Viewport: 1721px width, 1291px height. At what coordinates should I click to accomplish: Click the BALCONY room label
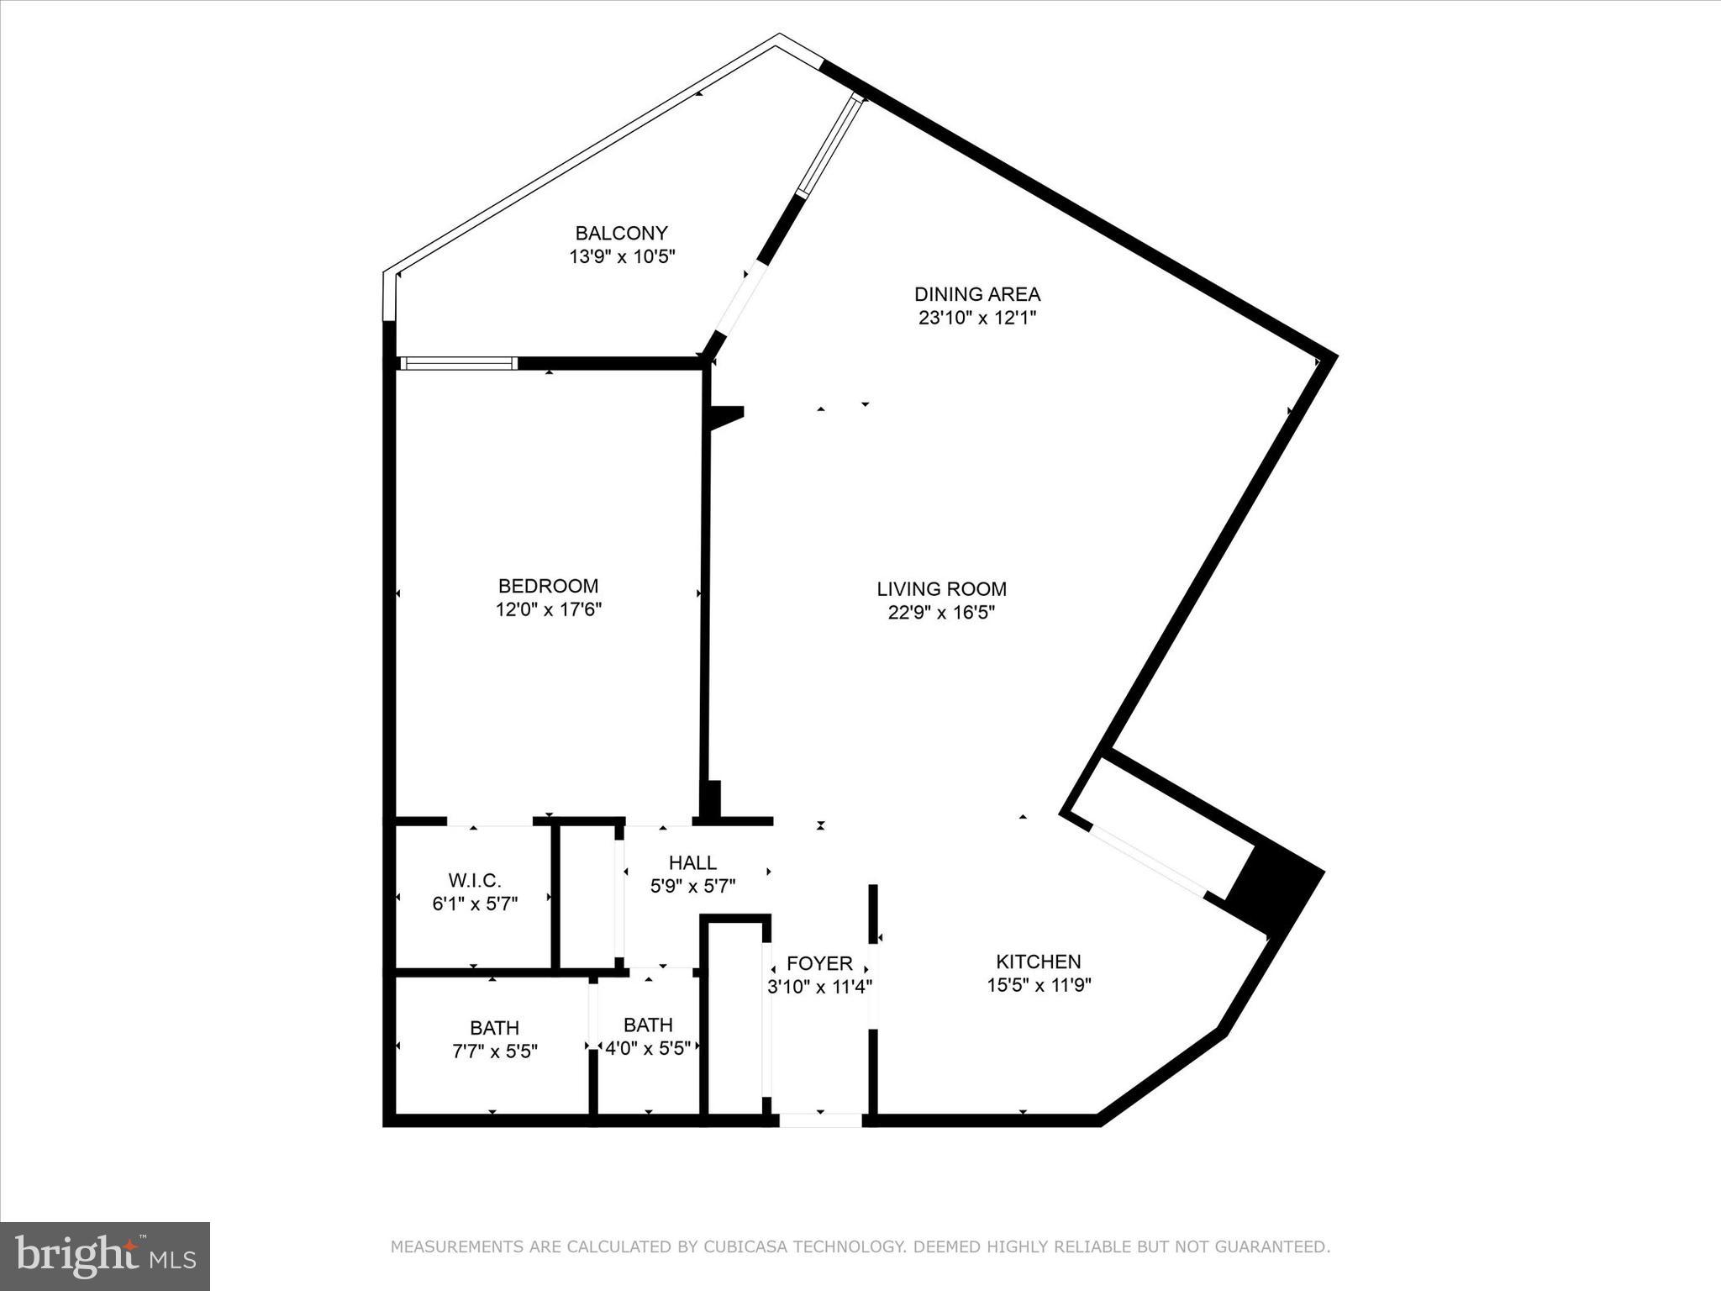[x=621, y=233]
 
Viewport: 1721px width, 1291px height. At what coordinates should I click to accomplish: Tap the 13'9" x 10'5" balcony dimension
[x=622, y=256]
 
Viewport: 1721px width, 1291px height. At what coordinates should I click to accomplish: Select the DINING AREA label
[x=977, y=294]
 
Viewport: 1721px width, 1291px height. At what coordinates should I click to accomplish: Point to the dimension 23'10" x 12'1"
[x=977, y=318]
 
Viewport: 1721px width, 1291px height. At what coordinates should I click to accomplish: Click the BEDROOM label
[x=548, y=586]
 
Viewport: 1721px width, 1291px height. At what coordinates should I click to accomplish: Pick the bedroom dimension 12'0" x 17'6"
[x=548, y=609]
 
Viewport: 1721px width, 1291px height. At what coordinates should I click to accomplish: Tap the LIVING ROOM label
[x=941, y=589]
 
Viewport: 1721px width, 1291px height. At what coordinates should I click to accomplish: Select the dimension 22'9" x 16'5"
[x=941, y=613]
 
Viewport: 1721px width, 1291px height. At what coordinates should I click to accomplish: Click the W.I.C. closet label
[x=475, y=880]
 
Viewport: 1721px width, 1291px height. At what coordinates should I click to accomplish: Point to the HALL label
[x=692, y=862]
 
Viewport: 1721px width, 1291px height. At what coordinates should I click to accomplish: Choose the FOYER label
[x=819, y=963]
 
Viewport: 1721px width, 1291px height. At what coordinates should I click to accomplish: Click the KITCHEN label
[x=1039, y=962]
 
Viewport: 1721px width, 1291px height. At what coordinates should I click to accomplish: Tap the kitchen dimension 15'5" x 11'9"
[x=1039, y=985]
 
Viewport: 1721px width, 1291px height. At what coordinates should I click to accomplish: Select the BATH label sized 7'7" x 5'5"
[x=494, y=1027]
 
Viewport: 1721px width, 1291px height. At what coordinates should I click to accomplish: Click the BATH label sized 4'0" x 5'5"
[x=648, y=1025]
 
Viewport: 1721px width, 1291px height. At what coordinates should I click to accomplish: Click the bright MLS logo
[x=105, y=1256]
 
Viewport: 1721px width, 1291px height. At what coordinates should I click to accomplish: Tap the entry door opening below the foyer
[x=820, y=1120]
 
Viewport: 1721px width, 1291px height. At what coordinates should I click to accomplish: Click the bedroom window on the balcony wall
[x=458, y=363]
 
